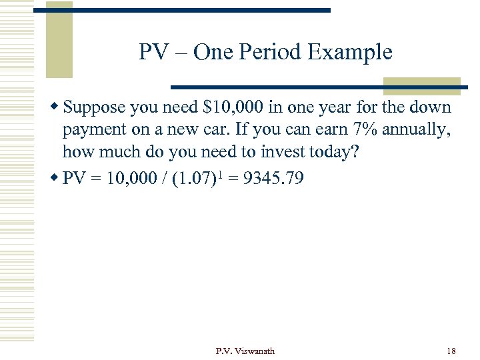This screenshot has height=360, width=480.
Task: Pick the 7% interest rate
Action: (x=359, y=129)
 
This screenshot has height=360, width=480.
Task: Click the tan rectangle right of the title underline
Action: (x=421, y=85)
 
